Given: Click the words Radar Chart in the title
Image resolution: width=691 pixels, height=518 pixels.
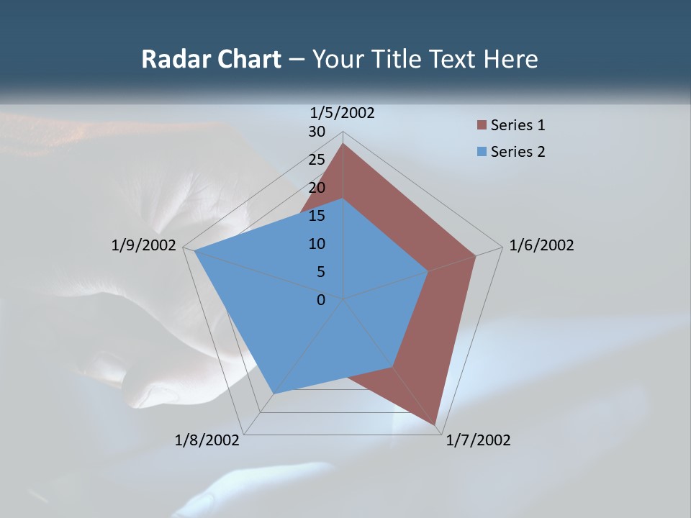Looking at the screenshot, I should [211, 60].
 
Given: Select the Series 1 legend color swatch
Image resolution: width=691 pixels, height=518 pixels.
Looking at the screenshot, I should [482, 126].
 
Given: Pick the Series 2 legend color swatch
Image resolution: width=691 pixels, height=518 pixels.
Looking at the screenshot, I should [482, 152].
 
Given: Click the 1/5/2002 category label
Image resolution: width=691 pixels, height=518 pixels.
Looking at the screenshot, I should [342, 113].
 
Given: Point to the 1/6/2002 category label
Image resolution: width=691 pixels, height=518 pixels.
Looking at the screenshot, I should [541, 246].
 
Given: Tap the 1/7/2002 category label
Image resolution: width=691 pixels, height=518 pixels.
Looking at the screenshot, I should [478, 440].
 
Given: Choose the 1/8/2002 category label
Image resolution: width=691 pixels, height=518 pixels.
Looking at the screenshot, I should [207, 440].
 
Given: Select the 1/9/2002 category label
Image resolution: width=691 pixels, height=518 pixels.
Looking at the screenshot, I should [144, 246].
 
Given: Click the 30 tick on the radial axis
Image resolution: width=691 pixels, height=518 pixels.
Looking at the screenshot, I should [317, 132].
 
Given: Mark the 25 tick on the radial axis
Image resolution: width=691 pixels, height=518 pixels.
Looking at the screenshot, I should [317, 160].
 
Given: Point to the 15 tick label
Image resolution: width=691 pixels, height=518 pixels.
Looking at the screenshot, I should [317, 216].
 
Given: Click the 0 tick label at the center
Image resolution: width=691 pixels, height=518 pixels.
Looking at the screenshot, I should [321, 300].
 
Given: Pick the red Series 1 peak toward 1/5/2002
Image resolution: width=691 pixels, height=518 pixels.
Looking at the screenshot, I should [343, 143].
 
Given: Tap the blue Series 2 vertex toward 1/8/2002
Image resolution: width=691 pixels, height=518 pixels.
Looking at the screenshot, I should [274, 393].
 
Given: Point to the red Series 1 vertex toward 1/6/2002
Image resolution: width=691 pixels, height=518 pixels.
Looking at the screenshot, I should [475, 255].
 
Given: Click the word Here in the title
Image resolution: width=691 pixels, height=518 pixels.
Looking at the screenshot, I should [511, 60].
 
